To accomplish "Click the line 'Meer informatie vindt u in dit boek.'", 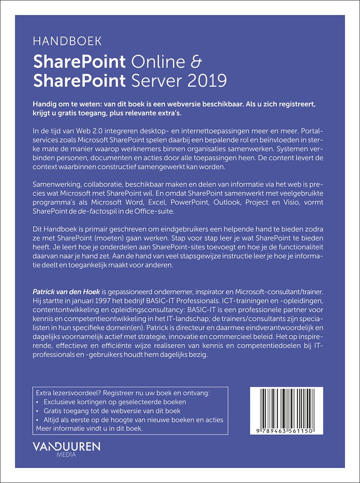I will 91,429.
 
